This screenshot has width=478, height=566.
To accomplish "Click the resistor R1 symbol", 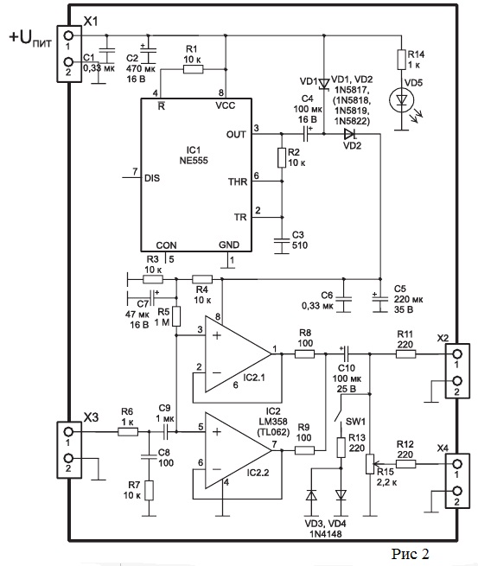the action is point(193,69).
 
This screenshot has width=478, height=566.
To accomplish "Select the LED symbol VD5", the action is point(401,99).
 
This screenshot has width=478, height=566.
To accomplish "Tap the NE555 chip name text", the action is point(194,160).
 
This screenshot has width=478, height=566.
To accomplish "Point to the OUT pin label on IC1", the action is point(236,134).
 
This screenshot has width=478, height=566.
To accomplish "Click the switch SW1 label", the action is point(355,421).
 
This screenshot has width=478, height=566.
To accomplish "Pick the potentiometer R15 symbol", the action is point(370,463).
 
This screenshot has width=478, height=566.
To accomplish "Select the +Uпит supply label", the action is point(31,39).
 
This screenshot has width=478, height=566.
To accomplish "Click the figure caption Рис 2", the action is point(410,553).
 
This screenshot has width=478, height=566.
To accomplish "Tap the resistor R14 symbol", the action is point(401,60).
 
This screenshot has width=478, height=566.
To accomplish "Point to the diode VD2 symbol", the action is point(350,134).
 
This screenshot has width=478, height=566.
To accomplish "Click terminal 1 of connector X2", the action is point(457,353).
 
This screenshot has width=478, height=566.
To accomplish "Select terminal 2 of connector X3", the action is point(68,459).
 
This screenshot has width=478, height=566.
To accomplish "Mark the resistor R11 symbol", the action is point(405,354).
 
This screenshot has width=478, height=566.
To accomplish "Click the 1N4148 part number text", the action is point(325,534).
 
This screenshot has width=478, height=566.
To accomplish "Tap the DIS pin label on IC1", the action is point(151,178).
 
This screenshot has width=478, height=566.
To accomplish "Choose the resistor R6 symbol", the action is point(128,432).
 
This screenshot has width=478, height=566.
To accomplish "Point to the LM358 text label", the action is point(273,421).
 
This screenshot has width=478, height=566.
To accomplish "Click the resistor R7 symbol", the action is point(149,490).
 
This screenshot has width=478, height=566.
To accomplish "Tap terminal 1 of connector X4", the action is point(457,464).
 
